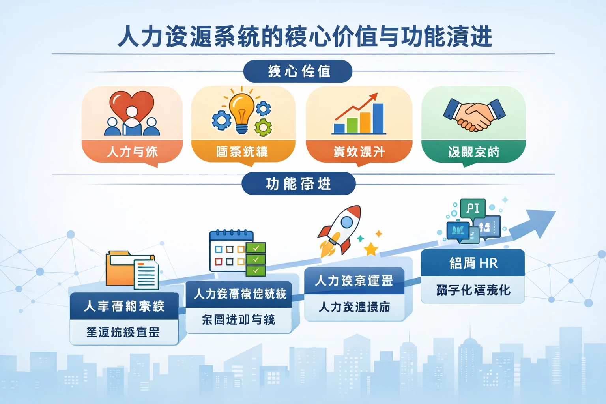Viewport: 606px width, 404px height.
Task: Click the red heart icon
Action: coord(132,103)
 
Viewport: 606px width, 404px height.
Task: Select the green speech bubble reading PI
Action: coord(473,208)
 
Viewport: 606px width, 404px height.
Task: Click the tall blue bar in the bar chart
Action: coord(378,118)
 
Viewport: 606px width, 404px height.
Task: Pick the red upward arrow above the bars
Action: coord(357,105)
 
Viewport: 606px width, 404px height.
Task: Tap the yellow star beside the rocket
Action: coord(371,249)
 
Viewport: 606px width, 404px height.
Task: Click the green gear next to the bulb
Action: coord(263,127)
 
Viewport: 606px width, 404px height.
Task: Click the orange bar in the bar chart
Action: coord(365,123)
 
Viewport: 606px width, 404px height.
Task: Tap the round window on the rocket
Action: coord(347,223)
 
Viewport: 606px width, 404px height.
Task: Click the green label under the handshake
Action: coord(473,151)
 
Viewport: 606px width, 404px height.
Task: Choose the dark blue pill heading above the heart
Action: coord(298,71)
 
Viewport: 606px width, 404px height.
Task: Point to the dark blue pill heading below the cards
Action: coord(298,184)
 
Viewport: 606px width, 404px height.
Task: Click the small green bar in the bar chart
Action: coord(352,125)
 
